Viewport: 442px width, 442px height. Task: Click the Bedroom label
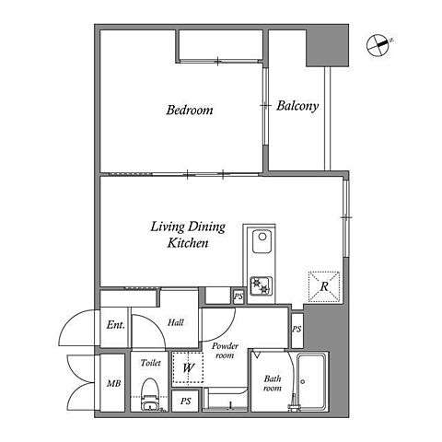[190, 110]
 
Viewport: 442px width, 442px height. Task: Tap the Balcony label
[297, 106]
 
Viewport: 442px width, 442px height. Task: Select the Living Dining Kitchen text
[188, 235]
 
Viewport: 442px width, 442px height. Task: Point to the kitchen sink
[262, 241]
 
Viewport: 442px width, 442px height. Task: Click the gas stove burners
[261, 285]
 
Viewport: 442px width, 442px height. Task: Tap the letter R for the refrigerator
[324, 286]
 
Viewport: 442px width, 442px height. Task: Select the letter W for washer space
[188, 367]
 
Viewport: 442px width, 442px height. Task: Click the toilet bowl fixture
[149, 395]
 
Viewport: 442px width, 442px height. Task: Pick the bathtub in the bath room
[311, 381]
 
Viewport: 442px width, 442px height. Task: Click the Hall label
[176, 322]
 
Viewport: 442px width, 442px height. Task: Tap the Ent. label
[116, 325]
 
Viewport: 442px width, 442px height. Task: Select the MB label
[113, 383]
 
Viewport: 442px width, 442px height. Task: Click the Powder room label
[225, 351]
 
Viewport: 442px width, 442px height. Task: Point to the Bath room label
[273, 383]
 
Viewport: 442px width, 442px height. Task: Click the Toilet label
[151, 363]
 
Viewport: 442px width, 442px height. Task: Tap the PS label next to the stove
[238, 297]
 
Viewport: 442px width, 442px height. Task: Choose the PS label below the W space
[185, 401]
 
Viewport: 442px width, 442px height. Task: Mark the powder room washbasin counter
[226, 399]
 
